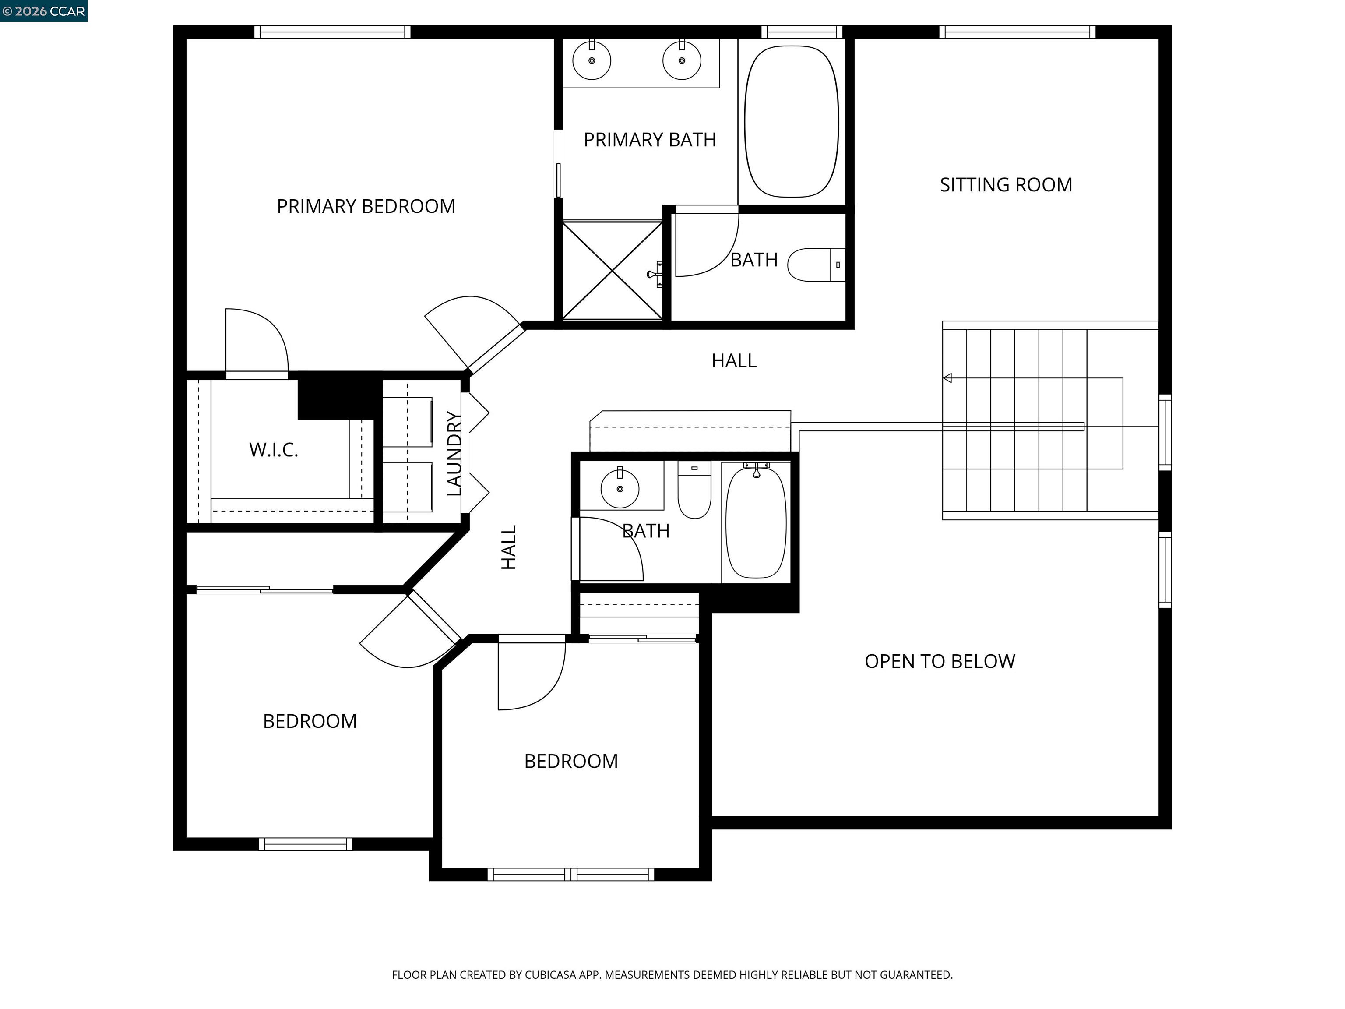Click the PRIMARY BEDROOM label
[x=366, y=207]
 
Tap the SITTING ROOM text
[x=1006, y=185]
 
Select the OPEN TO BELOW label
[x=940, y=661]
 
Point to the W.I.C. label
[x=274, y=450]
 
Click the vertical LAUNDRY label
[x=454, y=454]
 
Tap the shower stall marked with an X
[x=612, y=271]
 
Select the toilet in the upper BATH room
[x=816, y=265]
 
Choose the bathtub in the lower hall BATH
[x=756, y=522]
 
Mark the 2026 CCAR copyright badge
[x=44, y=11]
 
